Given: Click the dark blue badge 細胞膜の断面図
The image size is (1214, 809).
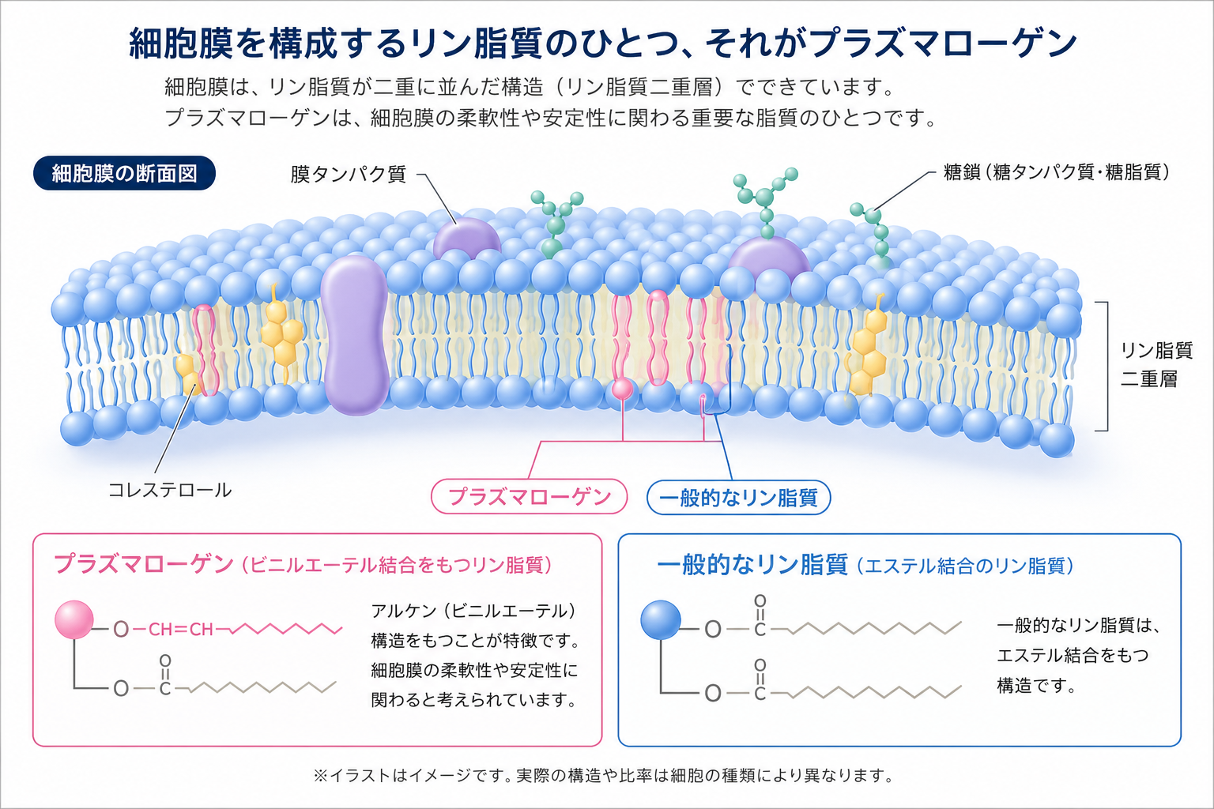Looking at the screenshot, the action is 124,173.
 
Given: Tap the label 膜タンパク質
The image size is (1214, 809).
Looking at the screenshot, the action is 348,175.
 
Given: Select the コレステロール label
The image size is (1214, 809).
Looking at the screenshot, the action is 170,490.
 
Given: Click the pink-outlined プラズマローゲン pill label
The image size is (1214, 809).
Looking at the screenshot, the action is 529,496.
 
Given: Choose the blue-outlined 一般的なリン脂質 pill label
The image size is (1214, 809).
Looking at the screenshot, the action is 738,498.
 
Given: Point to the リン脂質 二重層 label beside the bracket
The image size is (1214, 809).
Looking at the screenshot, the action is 1156,365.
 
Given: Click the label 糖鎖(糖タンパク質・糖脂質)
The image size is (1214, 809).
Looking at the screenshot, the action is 1056,172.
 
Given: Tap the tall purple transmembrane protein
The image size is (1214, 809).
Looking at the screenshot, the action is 355,335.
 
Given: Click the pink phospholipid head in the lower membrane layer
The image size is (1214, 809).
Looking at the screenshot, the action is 622,389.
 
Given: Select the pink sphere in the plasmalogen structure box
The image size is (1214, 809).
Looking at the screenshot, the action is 74,619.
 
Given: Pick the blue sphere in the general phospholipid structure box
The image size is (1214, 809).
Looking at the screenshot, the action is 661,619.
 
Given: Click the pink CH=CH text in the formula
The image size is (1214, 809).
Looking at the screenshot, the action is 180,629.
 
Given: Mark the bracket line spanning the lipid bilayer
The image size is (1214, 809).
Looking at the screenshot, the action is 1107,367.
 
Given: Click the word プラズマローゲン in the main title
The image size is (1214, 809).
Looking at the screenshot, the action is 944,43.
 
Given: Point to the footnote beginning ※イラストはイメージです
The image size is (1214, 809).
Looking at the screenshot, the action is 604,775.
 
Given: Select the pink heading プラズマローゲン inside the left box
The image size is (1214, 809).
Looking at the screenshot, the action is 144,564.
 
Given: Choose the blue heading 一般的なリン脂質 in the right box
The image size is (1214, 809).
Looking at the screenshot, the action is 752,565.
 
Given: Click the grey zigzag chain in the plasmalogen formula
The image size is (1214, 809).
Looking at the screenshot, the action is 263,687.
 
